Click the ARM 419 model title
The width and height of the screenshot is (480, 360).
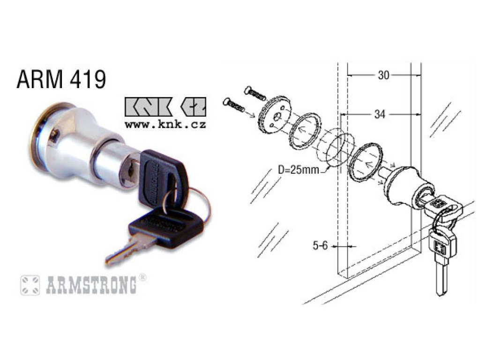[61, 79]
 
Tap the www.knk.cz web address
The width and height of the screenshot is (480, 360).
[165, 125]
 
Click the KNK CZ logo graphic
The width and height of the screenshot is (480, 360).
[165, 107]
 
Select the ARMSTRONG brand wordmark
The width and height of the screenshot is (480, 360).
[91, 285]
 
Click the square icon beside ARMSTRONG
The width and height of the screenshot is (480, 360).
[30, 285]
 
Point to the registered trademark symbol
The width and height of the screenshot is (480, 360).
[142, 277]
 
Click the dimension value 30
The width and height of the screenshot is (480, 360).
[383, 75]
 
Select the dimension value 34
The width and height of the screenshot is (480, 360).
[380, 114]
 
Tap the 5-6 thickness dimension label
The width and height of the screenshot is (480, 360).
[320, 245]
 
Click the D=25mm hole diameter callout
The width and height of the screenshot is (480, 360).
[299, 169]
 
